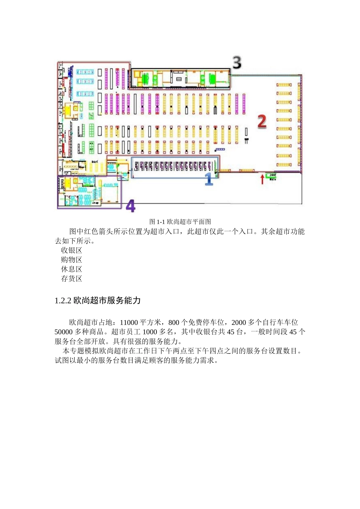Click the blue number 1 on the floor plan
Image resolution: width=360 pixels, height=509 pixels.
coord(209,179)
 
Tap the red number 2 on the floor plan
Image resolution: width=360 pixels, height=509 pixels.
coord(262,122)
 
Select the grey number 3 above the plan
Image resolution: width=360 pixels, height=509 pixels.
coord(237,62)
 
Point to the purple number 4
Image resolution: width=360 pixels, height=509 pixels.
coord(130,206)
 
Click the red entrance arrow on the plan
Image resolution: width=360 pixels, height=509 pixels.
coord(262,179)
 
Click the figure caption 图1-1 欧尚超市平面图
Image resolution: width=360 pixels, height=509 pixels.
coord(180,222)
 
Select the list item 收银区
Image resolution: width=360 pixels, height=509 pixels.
coord(72,250)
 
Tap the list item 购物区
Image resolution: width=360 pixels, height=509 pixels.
coord(72,260)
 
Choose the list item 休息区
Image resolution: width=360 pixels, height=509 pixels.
coord(72,269)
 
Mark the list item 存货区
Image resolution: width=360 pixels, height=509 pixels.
coord(72,279)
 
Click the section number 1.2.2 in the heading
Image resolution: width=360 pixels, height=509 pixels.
coord(63,301)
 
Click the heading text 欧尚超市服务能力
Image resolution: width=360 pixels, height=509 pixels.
coord(107,301)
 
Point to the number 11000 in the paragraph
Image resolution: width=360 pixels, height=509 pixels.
coord(129,323)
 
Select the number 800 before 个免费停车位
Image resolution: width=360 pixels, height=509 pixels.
coord(174,323)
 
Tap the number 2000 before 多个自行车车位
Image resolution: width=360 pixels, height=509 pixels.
coord(239,323)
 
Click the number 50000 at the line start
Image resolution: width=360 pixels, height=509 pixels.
coord(64,332)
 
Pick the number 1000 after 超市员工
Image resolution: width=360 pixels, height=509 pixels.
coord(150,332)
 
